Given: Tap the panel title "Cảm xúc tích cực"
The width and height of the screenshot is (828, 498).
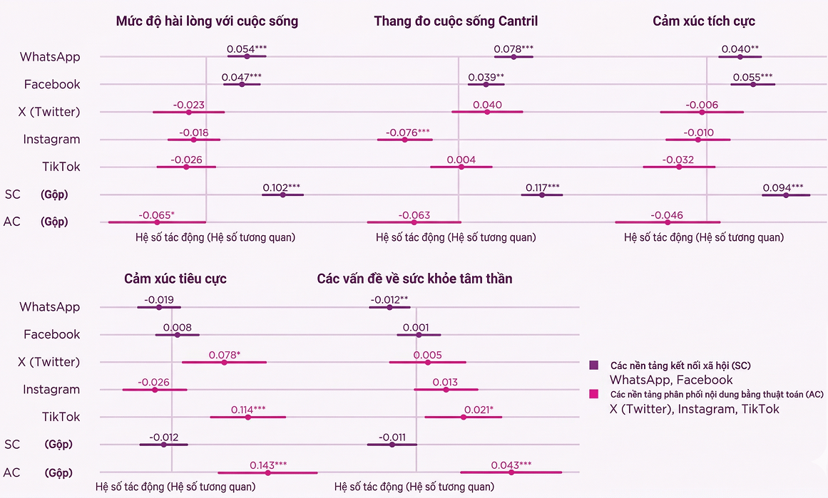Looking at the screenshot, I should point(703,21).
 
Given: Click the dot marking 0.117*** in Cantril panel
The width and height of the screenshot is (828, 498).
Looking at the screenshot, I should point(542,194).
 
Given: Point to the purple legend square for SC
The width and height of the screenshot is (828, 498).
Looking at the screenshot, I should point(593,365).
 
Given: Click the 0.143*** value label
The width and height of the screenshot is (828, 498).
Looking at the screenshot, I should point(268,465).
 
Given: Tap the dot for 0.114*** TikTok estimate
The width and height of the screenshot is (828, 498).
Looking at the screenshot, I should point(248,417).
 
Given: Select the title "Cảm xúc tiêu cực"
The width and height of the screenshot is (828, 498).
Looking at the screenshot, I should point(175,279).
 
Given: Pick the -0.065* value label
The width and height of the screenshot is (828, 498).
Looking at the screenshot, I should point(156,215).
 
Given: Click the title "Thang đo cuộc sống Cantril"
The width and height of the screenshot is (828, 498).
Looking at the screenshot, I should point(456,21).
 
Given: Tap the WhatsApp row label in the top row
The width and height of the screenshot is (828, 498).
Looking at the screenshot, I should point(50,57).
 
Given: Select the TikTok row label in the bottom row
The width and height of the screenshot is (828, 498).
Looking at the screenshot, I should point(61,417).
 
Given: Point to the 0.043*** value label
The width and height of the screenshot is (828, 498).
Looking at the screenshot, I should point(511,465).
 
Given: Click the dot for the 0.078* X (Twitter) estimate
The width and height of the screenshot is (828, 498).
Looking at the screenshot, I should point(225,362).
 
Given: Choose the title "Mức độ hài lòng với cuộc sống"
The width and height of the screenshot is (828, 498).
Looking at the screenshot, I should point(207,21).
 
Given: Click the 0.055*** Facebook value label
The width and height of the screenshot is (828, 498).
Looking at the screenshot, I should point(752,77).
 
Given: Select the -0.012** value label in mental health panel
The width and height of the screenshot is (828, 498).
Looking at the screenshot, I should point(389,300).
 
